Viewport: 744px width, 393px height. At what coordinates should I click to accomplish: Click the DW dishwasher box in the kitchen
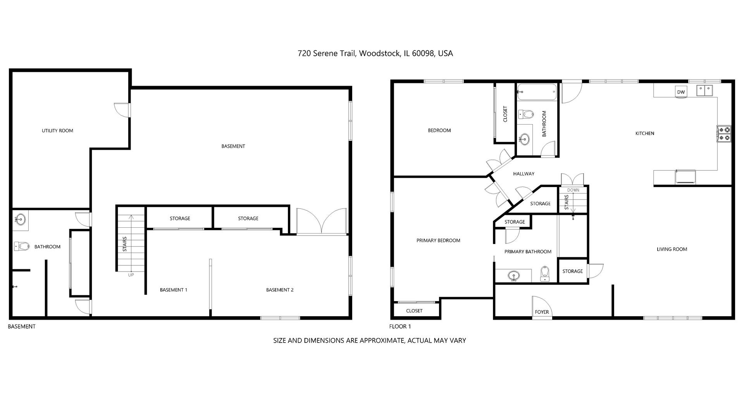click(681, 92)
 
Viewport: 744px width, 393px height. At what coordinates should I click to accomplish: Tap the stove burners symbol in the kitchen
click(724, 134)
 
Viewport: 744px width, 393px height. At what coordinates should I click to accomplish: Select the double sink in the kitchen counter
click(704, 91)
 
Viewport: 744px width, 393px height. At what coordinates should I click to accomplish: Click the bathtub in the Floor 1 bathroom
click(537, 92)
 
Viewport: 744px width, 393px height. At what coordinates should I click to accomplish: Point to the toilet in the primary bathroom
click(545, 274)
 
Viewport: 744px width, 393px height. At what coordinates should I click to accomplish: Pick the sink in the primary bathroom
click(514, 275)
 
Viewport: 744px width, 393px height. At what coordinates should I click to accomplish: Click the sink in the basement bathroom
click(20, 219)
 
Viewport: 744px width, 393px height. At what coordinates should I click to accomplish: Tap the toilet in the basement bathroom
click(22, 246)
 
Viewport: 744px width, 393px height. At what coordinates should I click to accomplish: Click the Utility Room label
click(57, 131)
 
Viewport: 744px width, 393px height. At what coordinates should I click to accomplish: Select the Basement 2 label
click(280, 290)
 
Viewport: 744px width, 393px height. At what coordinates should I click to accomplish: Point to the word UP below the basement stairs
click(131, 275)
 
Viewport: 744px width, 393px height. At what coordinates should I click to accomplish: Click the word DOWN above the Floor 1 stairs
click(573, 190)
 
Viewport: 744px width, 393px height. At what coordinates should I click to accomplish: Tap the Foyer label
click(542, 312)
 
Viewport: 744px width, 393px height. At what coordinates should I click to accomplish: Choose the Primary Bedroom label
click(438, 241)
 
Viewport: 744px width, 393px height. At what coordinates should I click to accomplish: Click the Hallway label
click(524, 174)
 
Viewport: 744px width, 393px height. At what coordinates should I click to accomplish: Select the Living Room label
click(672, 249)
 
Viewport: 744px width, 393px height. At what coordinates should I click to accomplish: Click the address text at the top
click(375, 54)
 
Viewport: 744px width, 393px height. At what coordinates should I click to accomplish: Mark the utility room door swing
click(122, 109)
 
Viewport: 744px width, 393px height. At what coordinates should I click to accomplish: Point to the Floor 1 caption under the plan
click(400, 327)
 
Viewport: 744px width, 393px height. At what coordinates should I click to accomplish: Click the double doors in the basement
click(322, 221)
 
